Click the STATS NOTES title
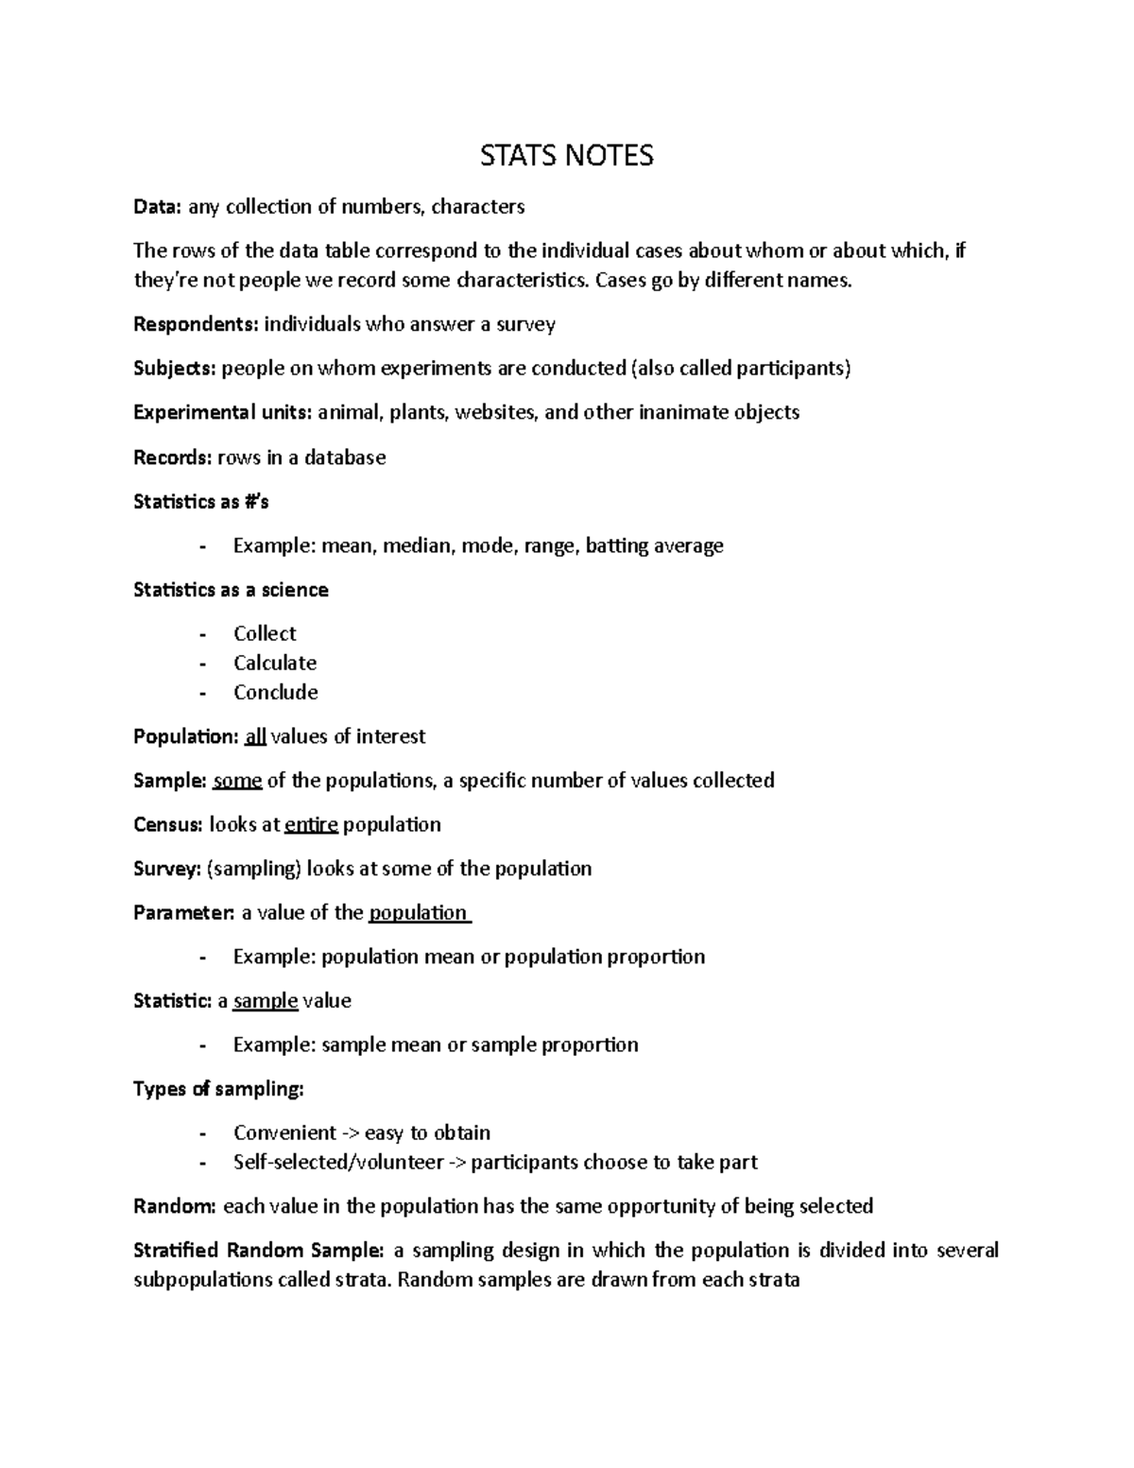[x=566, y=156]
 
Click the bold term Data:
[x=158, y=207]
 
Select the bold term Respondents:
[x=196, y=324]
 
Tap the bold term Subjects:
[x=175, y=369]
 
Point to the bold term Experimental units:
[x=222, y=412]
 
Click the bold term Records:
[x=173, y=458]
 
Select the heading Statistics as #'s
[x=201, y=502]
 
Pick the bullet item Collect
[x=265, y=633]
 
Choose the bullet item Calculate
[x=275, y=663]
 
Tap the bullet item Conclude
[x=276, y=692]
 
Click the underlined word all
[x=255, y=736]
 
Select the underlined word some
[x=237, y=781]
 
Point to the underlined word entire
[x=311, y=824]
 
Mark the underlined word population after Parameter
[x=418, y=912]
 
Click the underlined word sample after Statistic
[x=266, y=1000]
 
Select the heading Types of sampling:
[x=218, y=1089]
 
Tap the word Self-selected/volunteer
[x=338, y=1162]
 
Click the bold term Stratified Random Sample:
[x=259, y=1251]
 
